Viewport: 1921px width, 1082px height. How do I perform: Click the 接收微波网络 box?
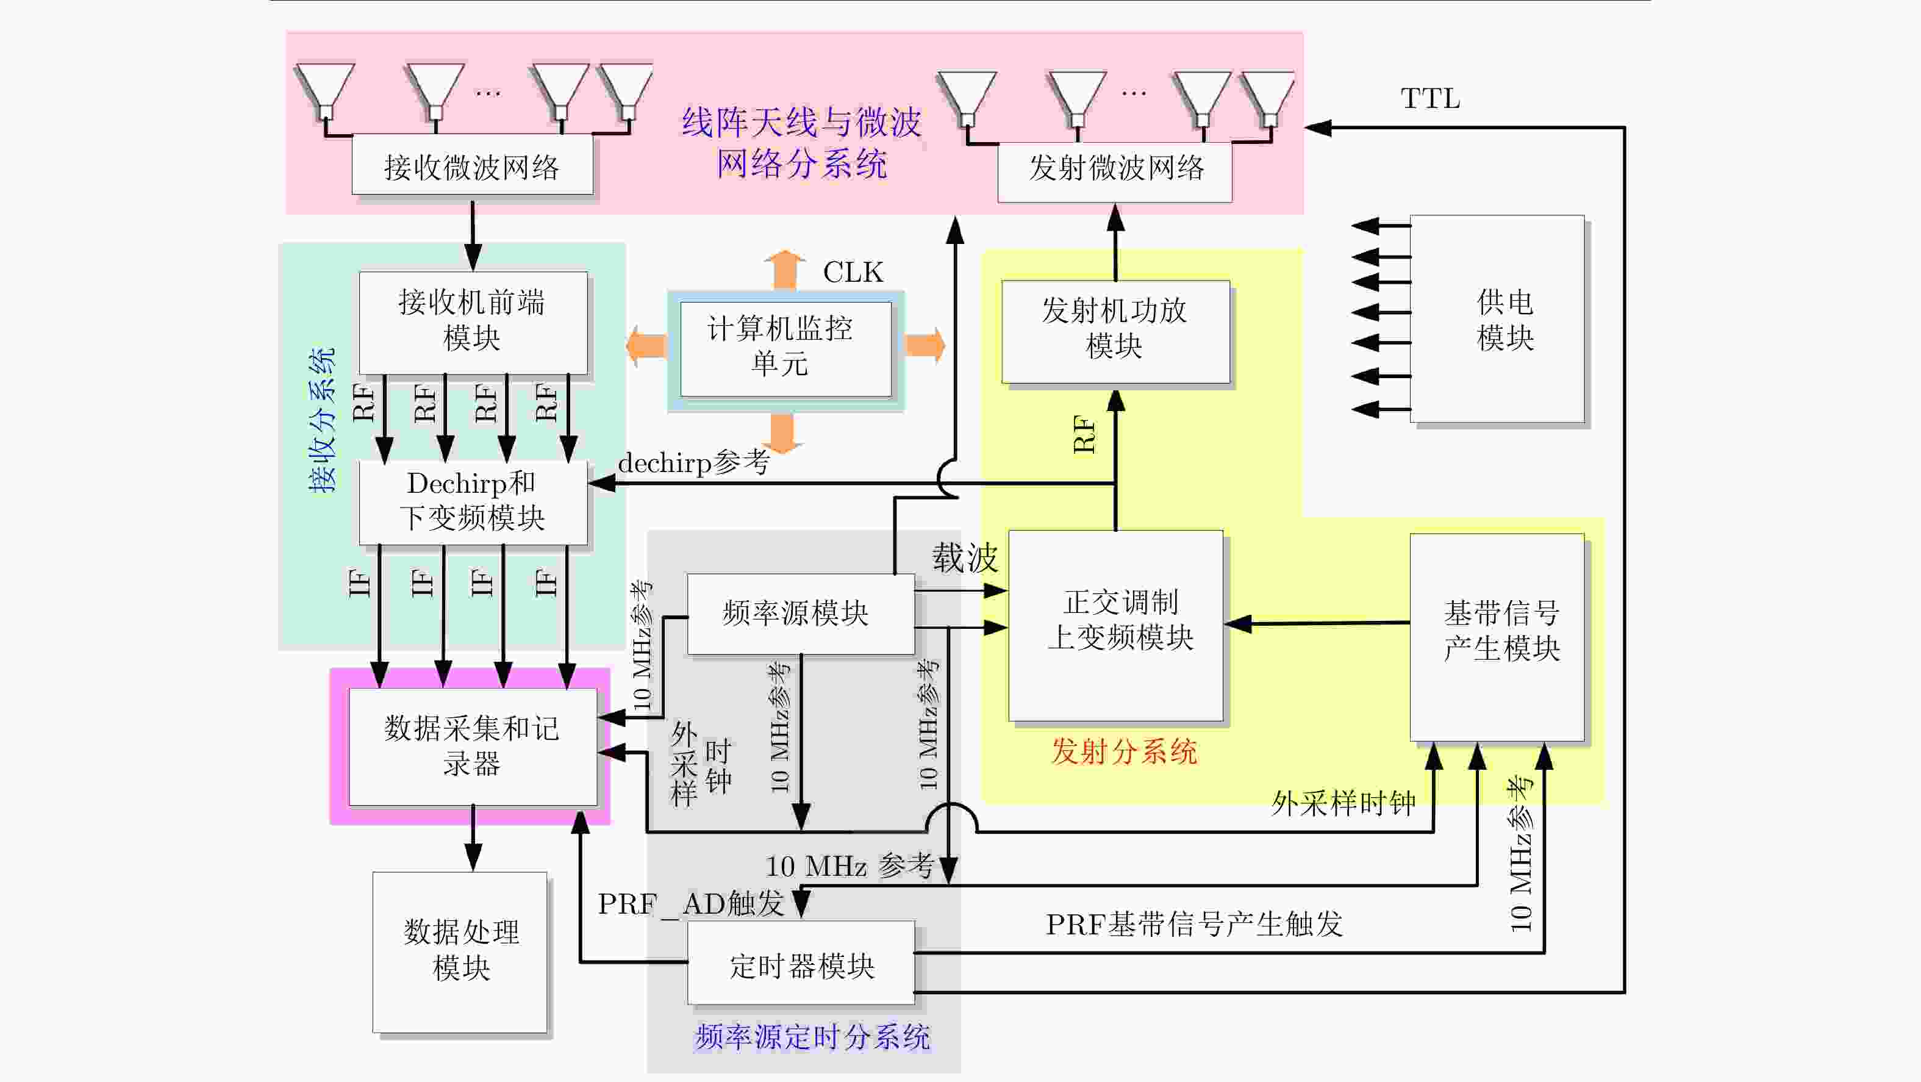(472, 165)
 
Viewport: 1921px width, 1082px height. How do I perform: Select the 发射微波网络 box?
(1115, 170)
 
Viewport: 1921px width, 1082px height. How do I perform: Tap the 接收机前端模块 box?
(473, 321)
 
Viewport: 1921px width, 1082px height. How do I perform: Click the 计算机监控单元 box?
(785, 348)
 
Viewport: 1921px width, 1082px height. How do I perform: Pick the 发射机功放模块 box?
(1115, 331)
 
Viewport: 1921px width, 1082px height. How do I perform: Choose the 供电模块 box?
(1497, 318)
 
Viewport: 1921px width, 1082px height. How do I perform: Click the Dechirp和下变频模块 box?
(473, 501)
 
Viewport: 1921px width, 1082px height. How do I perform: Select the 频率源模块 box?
(800, 614)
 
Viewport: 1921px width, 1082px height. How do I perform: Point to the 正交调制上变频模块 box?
(1115, 625)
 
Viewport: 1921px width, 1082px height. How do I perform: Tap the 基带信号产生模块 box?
(1497, 636)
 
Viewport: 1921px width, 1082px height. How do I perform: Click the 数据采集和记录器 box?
(473, 746)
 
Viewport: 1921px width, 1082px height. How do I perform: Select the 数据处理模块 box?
(460, 951)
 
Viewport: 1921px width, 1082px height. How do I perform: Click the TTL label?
(1429, 98)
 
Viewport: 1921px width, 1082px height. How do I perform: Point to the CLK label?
(853, 272)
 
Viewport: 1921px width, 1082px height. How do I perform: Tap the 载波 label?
(964, 558)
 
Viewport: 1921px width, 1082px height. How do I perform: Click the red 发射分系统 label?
(1124, 751)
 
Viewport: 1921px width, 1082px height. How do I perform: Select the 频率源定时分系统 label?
(812, 1036)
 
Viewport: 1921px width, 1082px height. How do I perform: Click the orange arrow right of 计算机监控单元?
(925, 345)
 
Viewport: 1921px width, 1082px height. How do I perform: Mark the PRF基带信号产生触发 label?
(1193, 925)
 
